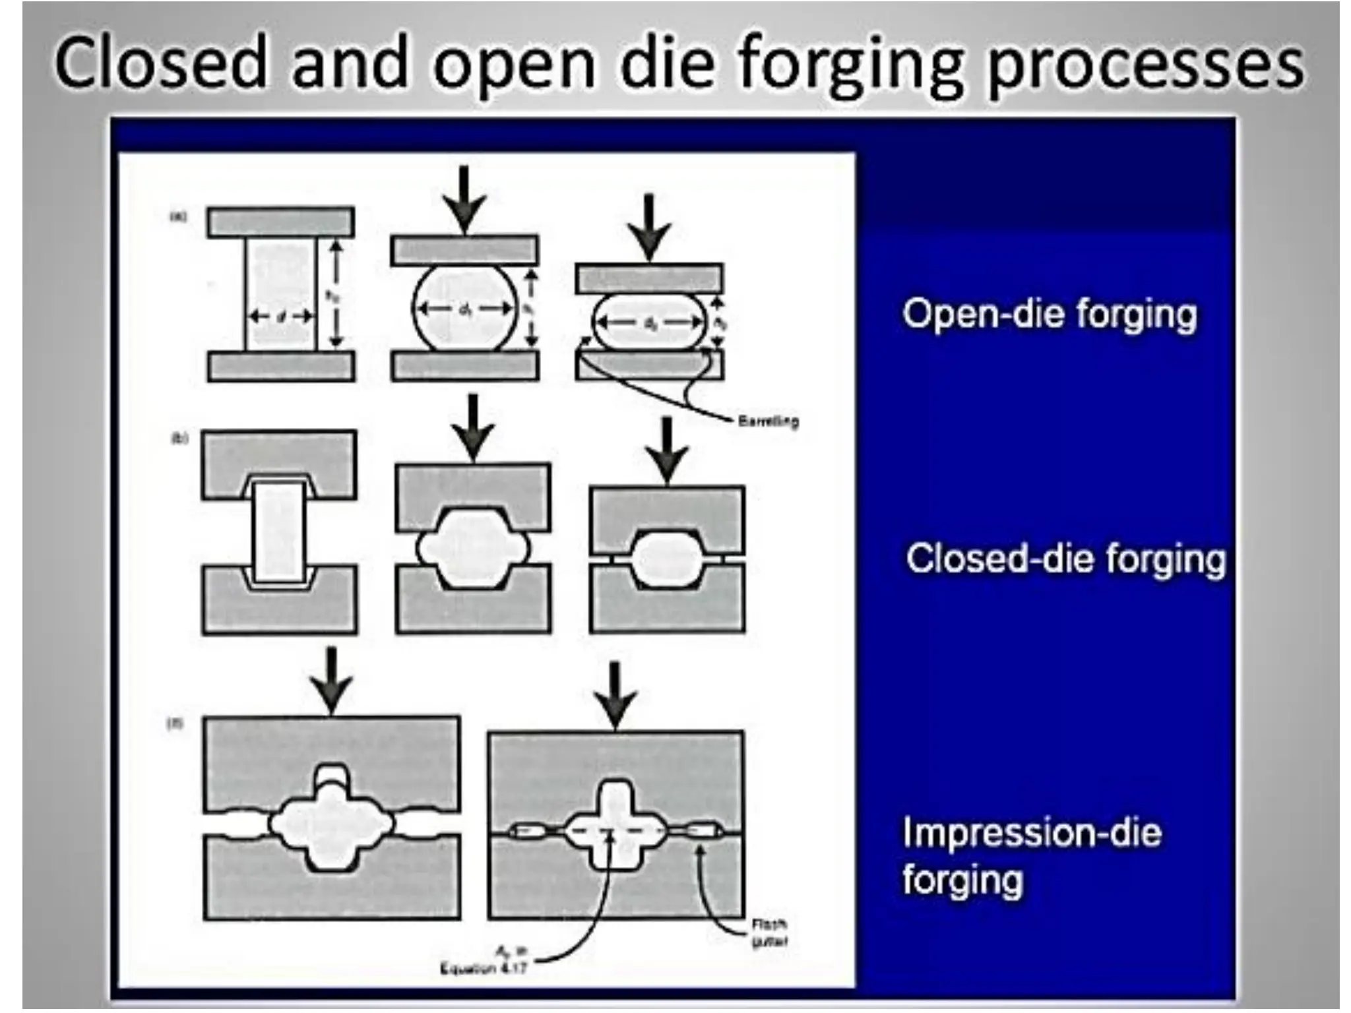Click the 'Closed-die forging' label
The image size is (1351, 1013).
pos(1065,559)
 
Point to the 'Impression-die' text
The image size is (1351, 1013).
pos(1032,832)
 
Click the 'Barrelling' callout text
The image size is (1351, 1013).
pos(768,420)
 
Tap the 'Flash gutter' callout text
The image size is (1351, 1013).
pos(769,933)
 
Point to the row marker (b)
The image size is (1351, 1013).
pos(179,438)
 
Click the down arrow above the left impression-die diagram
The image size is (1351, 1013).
pos(330,679)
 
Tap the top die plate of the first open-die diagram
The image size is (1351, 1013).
pos(280,222)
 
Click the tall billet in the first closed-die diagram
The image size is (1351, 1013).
pos(279,532)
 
